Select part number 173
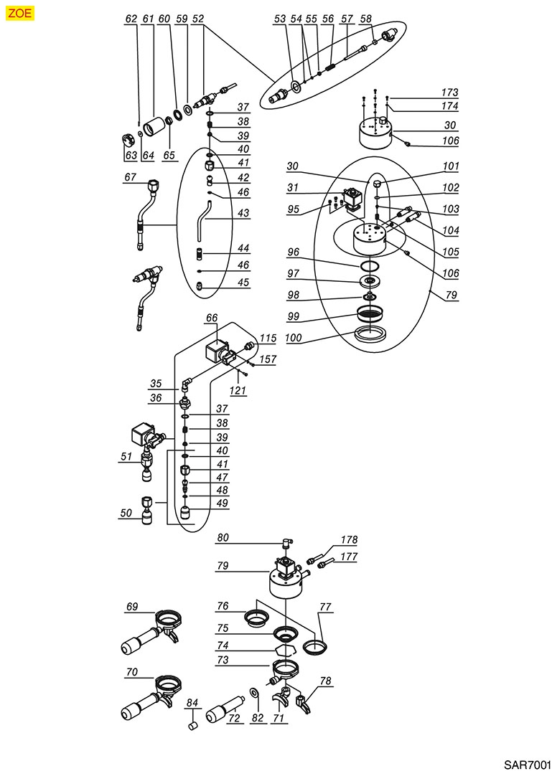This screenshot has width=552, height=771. [x=449, y=93]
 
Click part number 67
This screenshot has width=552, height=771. [x=130, y=176]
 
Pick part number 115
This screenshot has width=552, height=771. [x=268, y=337]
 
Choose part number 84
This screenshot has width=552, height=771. [x=192, y=702]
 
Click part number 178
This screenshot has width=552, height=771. [x=348, y=540]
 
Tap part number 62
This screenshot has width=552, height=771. [x=131, y=19]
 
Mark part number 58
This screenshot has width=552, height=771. [x=366, y=19]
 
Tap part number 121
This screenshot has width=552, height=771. [x=238, y=390]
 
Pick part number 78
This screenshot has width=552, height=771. [x=326, y=681]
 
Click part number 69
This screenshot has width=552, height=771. [x=131, y=607]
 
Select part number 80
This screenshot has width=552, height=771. [x=223, y=537]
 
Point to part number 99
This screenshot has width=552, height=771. [x=294, y=316]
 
